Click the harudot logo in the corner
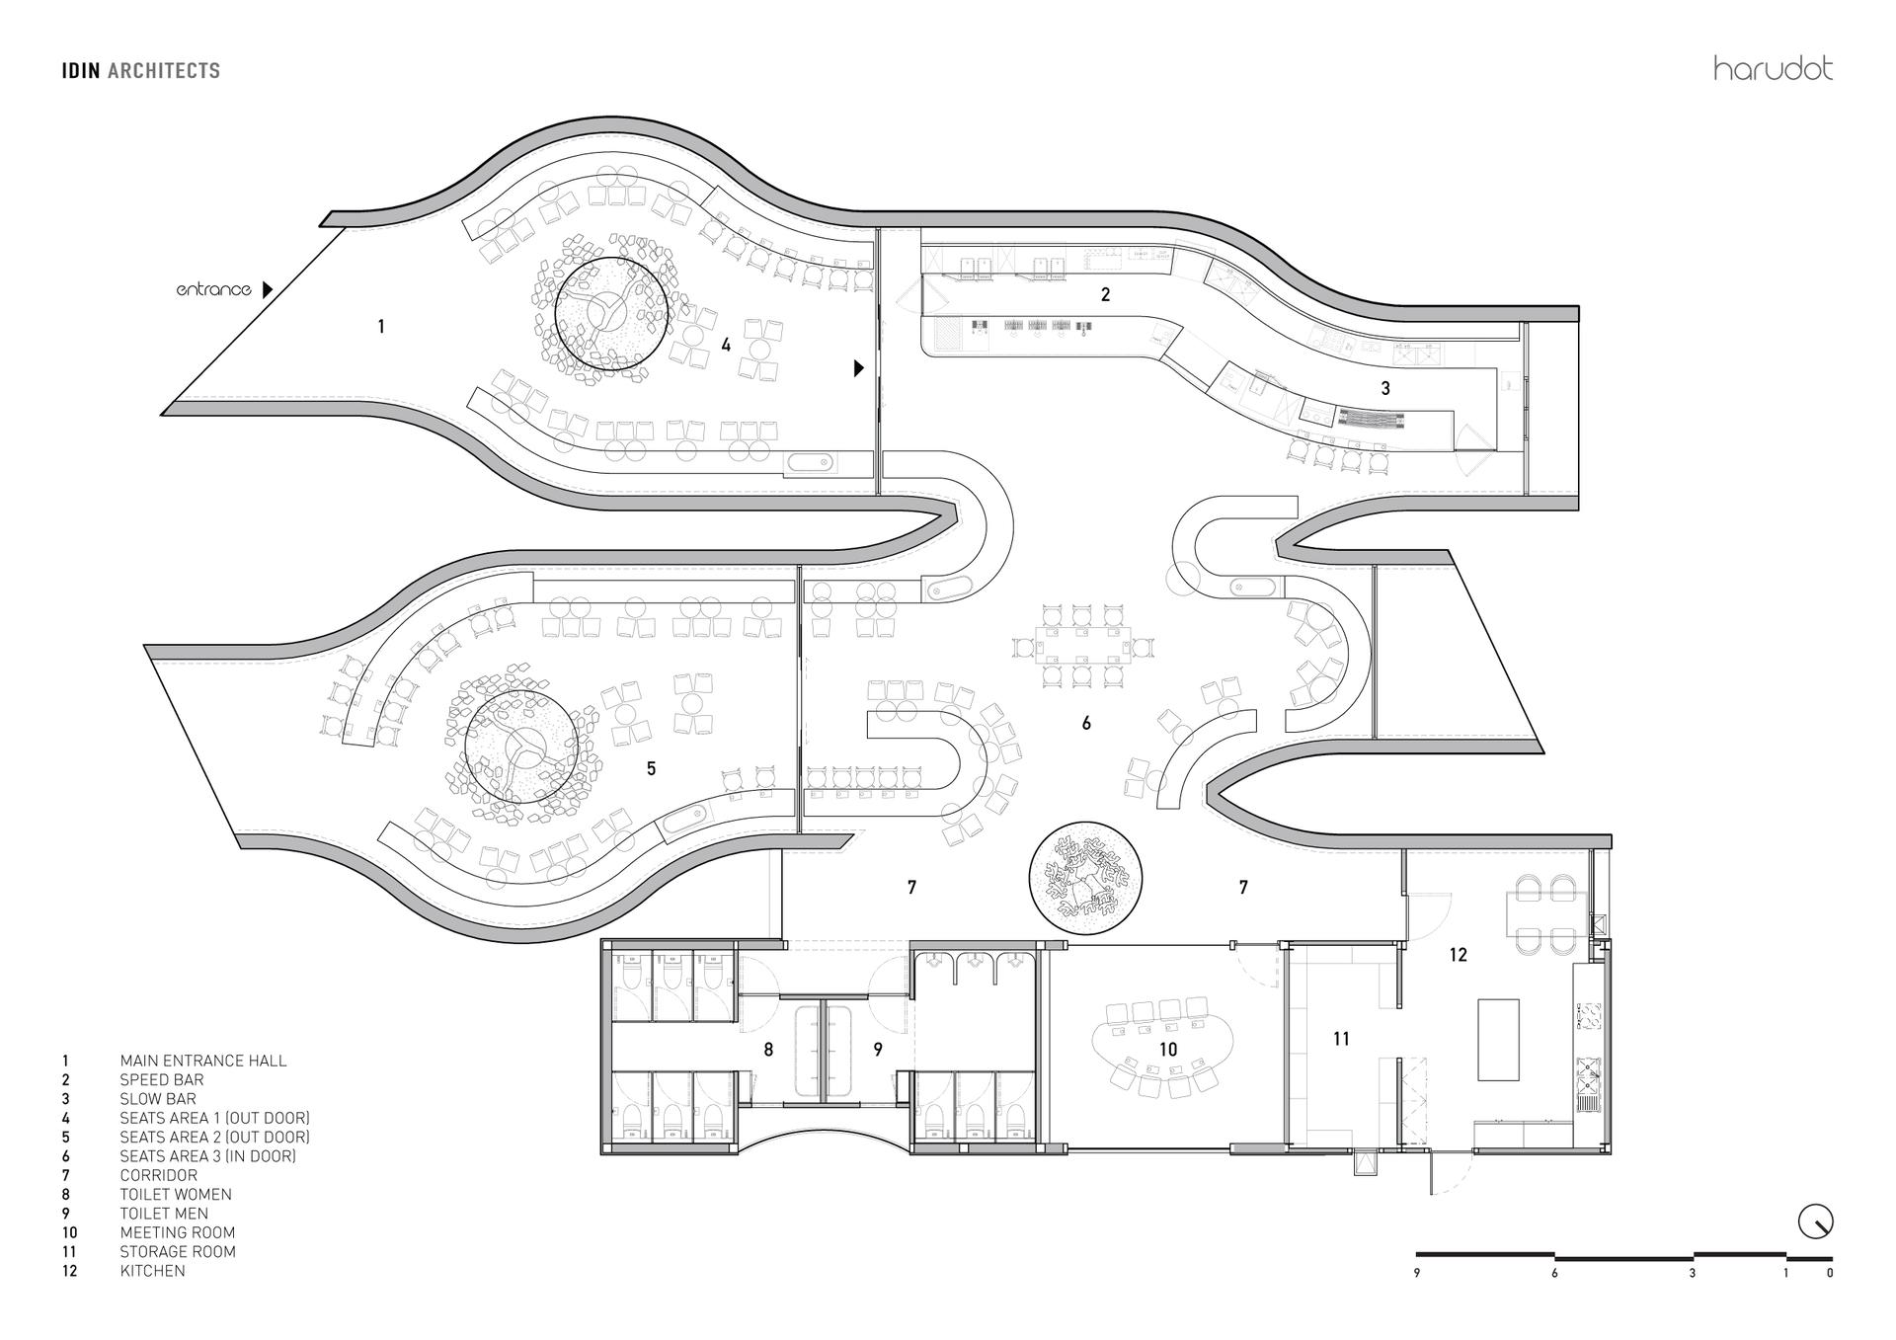[x=1773, y=68]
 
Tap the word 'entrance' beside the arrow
[x=213, y=289]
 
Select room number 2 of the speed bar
[x=1105, y=294]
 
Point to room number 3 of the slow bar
[x=1385, y=388]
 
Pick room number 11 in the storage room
[x=1340, y=1038]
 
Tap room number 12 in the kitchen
[x=1458, y=955]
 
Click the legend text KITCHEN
[x=152, y=1270]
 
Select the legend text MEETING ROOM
[x=178, y=1232]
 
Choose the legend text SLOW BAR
[x=158, y=1098]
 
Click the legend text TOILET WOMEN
[x=176, y=1194]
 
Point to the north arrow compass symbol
[x=1815, y=1222]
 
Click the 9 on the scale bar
[x=1417, y=1274]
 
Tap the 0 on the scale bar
[x=1830, y=1274]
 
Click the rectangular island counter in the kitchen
[x=1498, y=1039]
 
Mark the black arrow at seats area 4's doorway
[x=858, y=367]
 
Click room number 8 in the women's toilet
[x=768, y=1050]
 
